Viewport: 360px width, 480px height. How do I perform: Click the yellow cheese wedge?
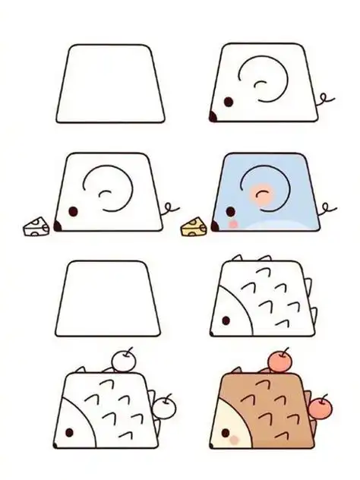click(x=194, y=226)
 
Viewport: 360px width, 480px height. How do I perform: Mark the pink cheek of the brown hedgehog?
click(x=235, y=440)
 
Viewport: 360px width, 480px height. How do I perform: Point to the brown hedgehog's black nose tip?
click(x=213, y=444)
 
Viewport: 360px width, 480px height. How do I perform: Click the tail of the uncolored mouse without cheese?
click(x=325, y=99)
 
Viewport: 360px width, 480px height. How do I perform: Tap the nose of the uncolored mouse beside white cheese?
click(x=56, y=226)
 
